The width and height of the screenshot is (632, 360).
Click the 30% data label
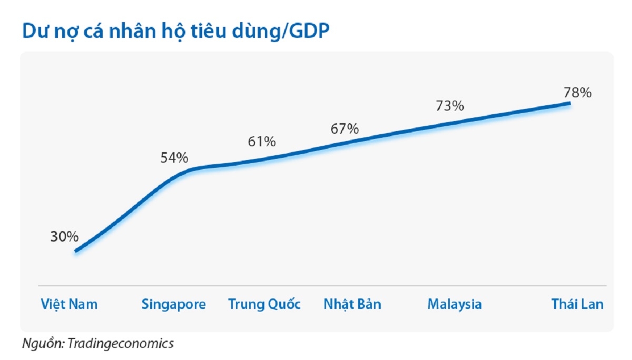point(64,237)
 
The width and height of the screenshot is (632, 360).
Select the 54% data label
point(174,157)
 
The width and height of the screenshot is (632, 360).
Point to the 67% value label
point(345,129)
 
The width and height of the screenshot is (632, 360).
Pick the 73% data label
point(450,105)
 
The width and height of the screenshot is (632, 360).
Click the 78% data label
point(578,93)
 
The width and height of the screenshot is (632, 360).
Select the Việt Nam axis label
point(69,304)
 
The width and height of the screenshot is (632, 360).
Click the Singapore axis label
point(173,304)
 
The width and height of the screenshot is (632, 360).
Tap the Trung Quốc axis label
point(264,304)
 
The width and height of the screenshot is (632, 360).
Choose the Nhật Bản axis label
point(352,304)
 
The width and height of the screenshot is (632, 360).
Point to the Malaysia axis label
point(455,304)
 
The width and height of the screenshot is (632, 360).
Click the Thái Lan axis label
point(577,304)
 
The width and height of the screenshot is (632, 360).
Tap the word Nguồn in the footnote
point(42,344)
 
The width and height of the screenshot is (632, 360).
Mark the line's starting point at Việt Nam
point(76,251)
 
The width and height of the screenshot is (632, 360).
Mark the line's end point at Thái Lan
point(570,103)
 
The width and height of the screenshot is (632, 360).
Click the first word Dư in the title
point(33,32)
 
